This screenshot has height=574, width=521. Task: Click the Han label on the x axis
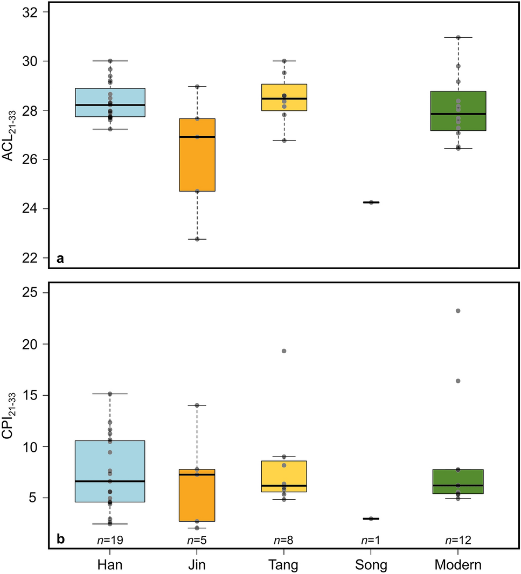[x=110, y=565]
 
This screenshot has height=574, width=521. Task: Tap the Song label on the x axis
[x=371, y=565]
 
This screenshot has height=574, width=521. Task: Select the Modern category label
[x=458, y=565]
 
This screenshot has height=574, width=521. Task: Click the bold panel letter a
[x=61, y=259]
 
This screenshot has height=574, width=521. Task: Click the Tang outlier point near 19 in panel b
[x=284, y=351]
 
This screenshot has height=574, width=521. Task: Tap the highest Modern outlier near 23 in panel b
[x=459, y=311]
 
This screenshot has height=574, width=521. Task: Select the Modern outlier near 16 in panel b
[x=459, y=381]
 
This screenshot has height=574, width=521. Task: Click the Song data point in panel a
[x=371, y=202]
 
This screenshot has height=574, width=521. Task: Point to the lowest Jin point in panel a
[x=197, y=239]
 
